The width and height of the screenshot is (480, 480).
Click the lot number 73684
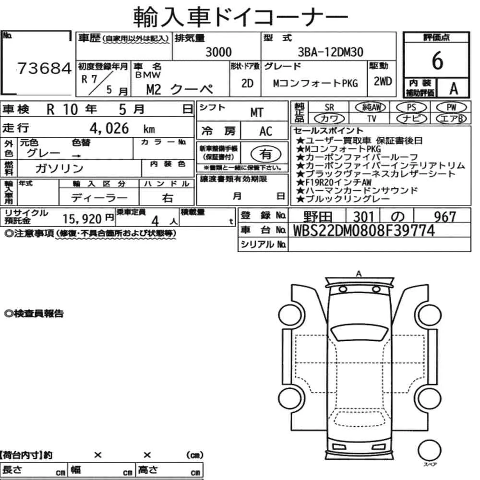[x=44, y=68]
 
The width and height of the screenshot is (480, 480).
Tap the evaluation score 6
[x=437, y=60]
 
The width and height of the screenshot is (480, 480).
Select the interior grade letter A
[x=454, y=89]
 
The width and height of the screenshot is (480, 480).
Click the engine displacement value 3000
[x=218, y=52]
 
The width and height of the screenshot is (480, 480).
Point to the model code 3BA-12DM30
[x=331, y=52]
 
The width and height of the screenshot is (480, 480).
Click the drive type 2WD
[x=383, y=82]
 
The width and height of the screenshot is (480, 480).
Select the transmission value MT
[x=257, y=113]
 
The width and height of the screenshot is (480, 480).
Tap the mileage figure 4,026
[x=109, y=128]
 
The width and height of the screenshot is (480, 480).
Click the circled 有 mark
[x=266, y=154]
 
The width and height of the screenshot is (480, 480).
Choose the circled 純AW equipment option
[x=371, y=107]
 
